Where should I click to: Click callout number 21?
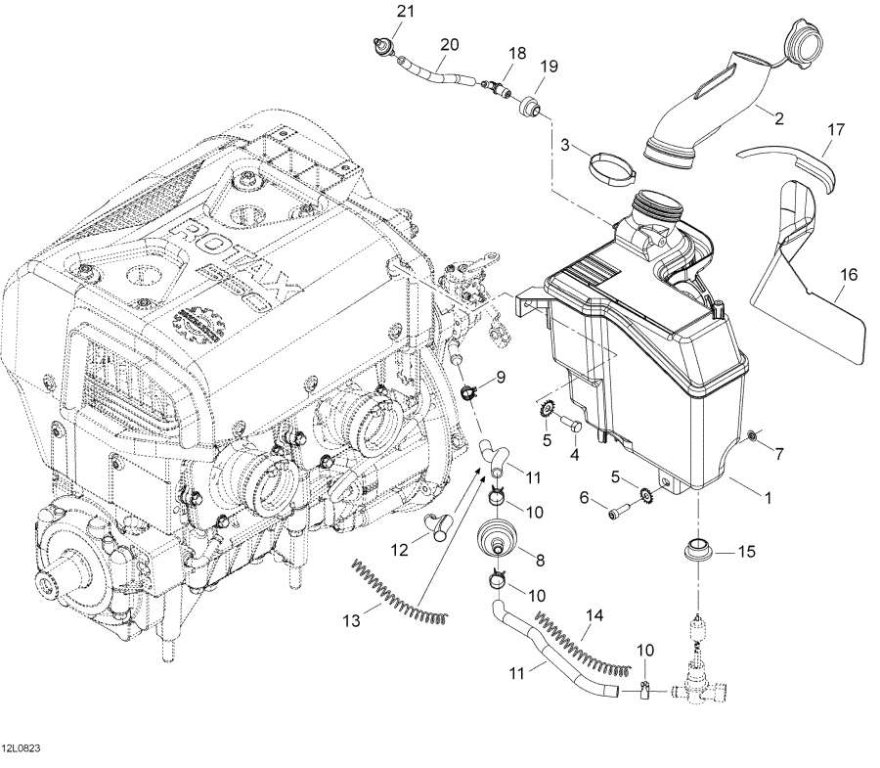click(405, 12)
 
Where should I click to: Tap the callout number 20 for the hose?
click(449, 45)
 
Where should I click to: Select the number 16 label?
click(848, 276)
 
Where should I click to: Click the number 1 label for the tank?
click(769, 498)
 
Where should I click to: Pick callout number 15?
click(746, 553)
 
